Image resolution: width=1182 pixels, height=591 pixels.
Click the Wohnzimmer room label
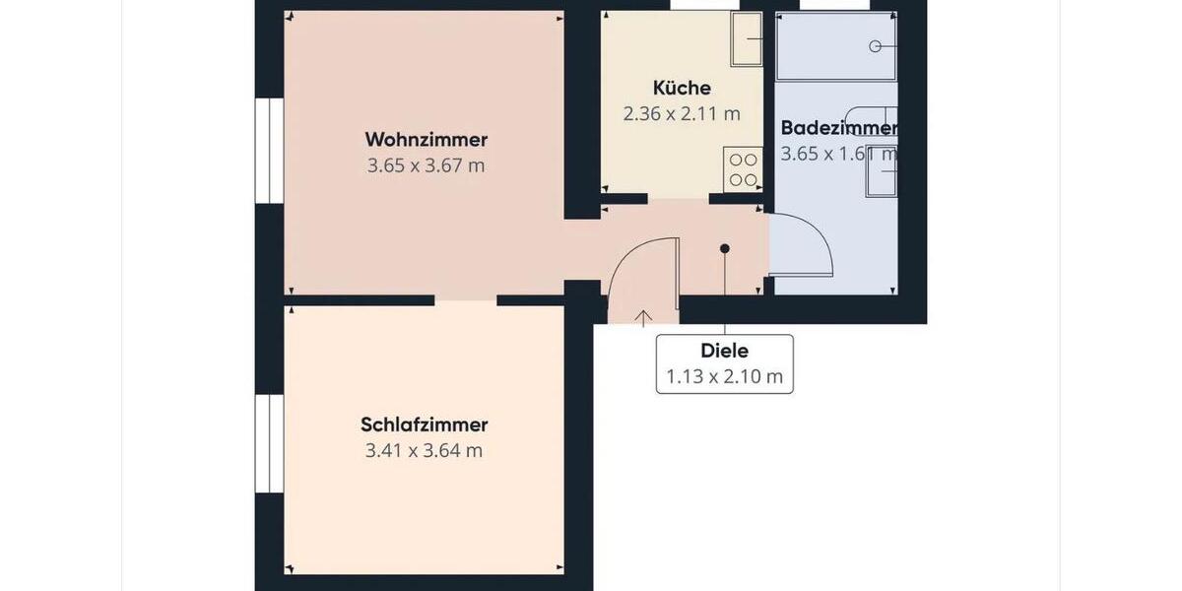426,139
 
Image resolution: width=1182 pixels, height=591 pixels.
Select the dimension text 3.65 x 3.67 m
426,165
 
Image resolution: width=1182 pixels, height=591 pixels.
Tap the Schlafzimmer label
424,426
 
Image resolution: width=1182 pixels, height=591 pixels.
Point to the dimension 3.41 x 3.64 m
424,451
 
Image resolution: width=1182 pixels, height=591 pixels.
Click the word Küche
682,89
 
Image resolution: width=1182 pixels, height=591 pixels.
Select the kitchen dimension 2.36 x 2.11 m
682,113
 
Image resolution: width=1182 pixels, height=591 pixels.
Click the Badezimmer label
838,128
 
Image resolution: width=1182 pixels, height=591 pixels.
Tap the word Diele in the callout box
724,351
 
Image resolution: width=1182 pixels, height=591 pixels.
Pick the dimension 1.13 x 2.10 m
724,375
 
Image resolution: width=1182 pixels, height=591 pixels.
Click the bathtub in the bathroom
836,45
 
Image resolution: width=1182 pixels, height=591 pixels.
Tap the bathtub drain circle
875,45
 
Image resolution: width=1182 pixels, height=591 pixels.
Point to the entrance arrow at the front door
643,317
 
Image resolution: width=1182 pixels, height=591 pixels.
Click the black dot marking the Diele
725,249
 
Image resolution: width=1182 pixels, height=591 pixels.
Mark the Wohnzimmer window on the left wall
263,151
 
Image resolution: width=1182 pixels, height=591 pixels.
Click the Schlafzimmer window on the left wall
263,443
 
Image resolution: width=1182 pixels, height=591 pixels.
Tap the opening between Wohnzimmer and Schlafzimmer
465,299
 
